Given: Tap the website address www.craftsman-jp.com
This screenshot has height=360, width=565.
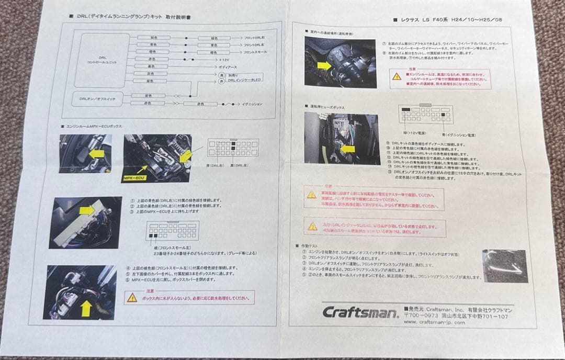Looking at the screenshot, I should tap(434, 323).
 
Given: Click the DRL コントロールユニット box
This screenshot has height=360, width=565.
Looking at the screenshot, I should tap(102, 60).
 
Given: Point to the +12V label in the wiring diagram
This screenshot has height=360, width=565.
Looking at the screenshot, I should tap(226, 60).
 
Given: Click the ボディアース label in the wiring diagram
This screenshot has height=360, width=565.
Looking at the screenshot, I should tap(231, 67).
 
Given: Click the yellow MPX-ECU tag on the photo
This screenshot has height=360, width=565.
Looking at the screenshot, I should tap(134, 178).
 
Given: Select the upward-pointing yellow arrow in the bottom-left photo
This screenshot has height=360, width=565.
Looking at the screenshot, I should tap(85, 308).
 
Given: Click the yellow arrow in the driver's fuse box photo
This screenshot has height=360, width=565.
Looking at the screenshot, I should tap(347, 149).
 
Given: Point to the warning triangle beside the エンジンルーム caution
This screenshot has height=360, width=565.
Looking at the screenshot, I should tap(397, 76).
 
